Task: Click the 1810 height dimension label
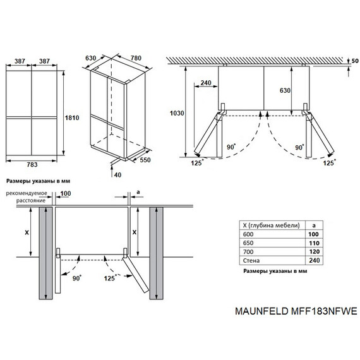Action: tap(72, 117)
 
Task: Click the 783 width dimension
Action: tap(32, 165)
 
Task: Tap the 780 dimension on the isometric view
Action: tap(136, 58)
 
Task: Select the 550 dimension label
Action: tap(145, 160)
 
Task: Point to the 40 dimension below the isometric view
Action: tap(117, 175)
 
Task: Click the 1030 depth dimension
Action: tap(177, 113)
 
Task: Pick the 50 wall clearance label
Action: tap(355, 61)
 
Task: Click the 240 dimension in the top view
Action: tap(206, 83)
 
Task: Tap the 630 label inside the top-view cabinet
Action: tap(285, 90)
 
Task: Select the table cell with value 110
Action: tap(314, 243)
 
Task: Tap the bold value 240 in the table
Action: tap(314, 260)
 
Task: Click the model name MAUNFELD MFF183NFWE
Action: tap(296, 311)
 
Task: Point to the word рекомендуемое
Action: tap(27, 193)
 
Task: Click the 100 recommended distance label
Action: tap(66, 193)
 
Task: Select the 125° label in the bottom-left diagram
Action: tap(110, 278)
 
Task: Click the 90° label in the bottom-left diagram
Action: tap(77, 278)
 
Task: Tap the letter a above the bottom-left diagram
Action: tap(138, 192)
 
